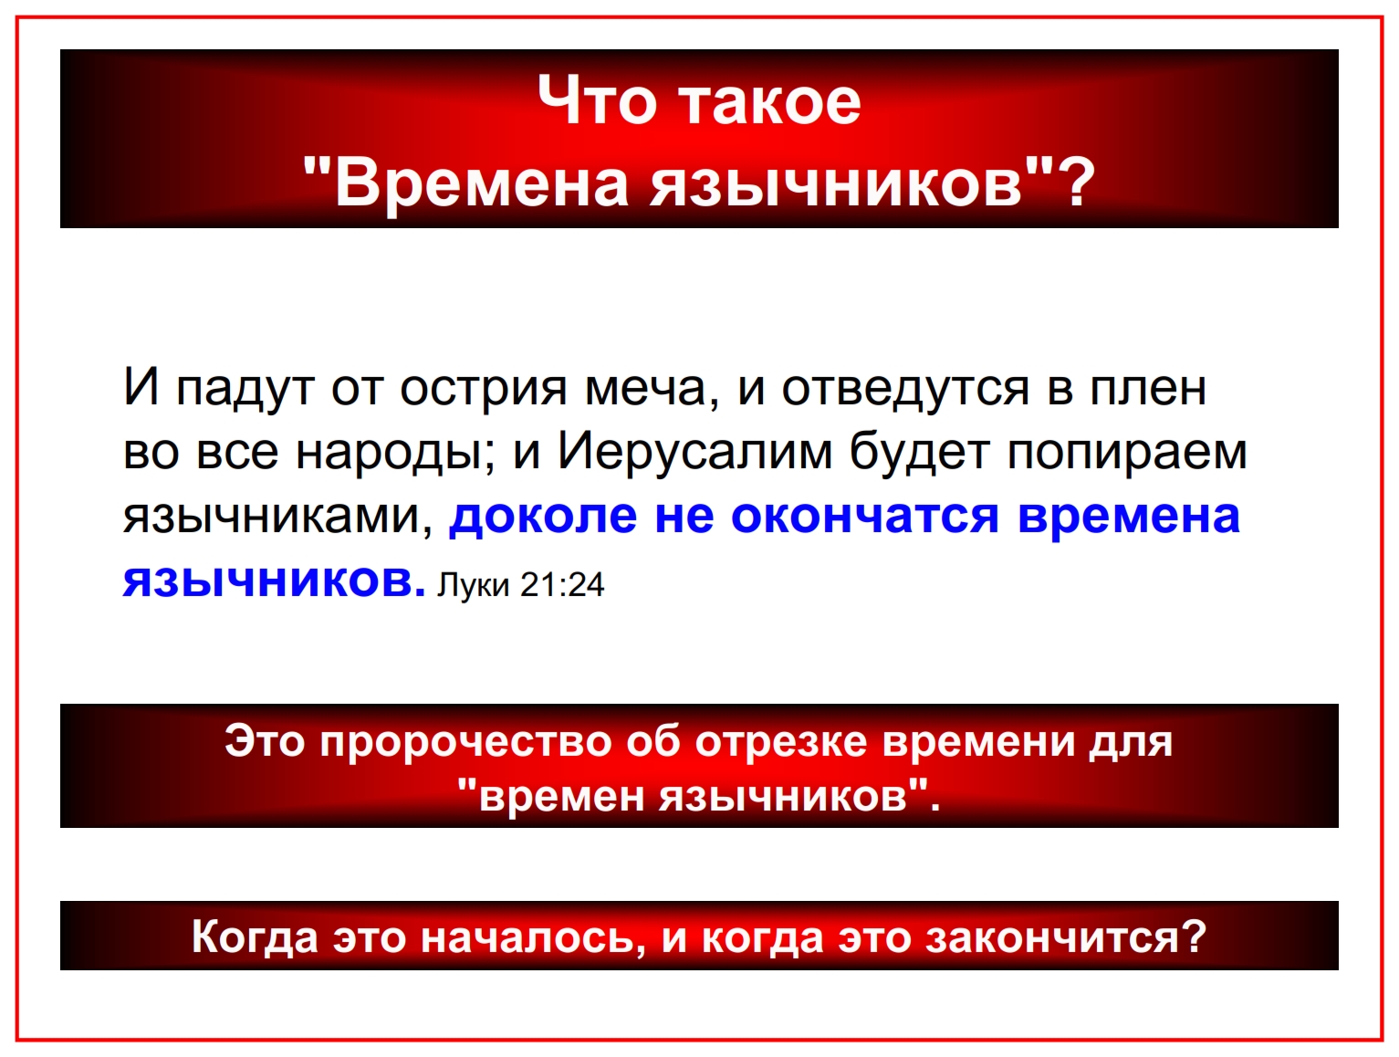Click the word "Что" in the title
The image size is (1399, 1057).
tap(597, 100)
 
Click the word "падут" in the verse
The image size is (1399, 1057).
tap(245, 389)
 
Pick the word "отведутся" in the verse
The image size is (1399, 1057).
tap(905, 389)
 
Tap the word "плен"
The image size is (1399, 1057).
tap(1149, 389)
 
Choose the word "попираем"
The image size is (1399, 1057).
tap(1127, 454)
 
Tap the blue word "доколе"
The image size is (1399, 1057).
tap(543, 517)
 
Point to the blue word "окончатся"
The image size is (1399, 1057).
tap(865, 517)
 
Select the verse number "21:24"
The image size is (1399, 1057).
tap(562, 584)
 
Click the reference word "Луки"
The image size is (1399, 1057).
tap(473, 585)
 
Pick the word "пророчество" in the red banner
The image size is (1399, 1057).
tap(466, 743)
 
